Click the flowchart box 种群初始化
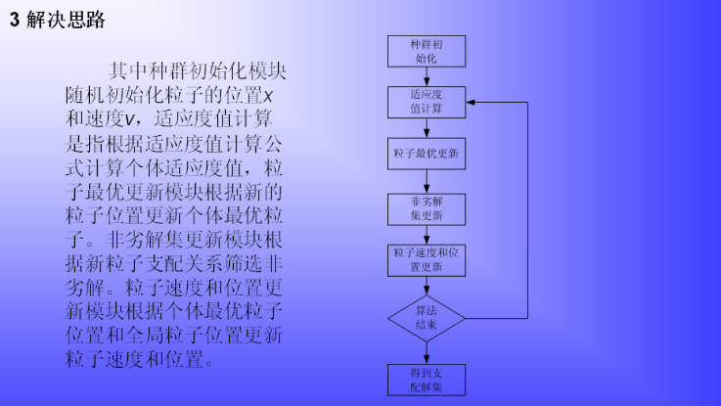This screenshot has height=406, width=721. (426, 52)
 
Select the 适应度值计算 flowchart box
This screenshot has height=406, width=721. (426, 102)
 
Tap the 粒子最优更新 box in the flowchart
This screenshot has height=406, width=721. (426, 154)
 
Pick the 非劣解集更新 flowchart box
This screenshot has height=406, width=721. (426, 207)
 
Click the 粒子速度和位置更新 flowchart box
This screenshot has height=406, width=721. (426, 259)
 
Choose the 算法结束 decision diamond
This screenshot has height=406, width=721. (426, 318)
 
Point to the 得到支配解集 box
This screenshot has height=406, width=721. (426, 380)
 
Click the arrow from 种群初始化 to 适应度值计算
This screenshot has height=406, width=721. (426, 76)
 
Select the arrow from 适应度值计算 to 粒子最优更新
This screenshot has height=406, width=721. (426, 127)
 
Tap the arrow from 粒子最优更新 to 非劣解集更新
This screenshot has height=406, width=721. (426, 180)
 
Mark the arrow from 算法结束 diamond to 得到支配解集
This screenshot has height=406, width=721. (426, 352)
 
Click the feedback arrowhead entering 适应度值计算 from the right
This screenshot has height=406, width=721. (471, 102)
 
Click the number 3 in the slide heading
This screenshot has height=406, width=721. (15, 21)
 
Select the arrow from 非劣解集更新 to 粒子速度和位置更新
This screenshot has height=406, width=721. (426, 233)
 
